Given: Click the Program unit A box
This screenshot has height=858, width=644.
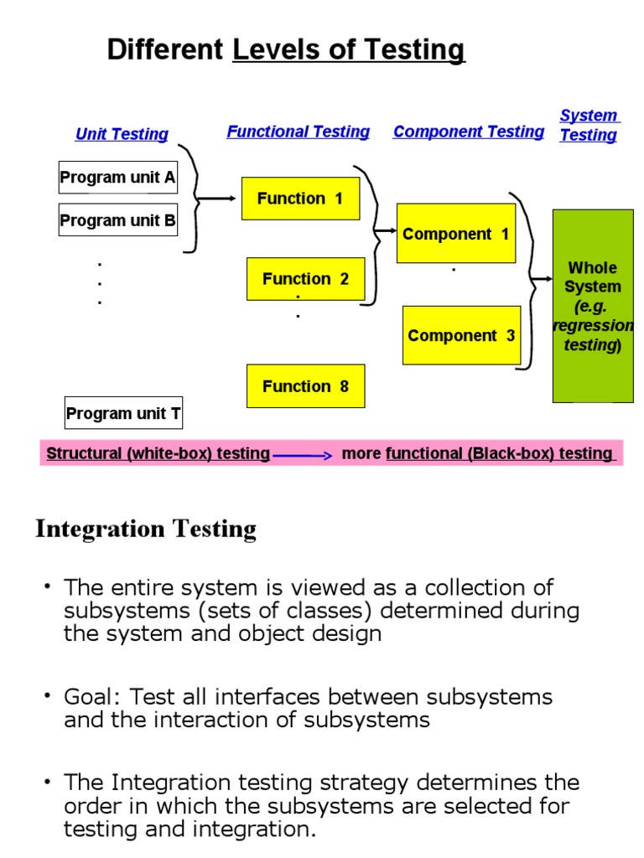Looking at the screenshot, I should (117, 177).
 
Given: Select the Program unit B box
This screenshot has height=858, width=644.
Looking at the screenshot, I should (117, 220).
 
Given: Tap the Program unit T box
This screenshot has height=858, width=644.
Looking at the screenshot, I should (123, 412).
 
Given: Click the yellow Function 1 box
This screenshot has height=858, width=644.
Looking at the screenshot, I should (300, 199).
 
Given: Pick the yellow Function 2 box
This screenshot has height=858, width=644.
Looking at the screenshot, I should (305, 278).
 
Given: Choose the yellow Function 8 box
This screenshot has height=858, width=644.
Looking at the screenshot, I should (305, 386).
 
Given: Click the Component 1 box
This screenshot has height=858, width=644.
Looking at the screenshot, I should (455, 234).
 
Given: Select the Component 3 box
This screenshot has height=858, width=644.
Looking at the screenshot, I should (461, 335).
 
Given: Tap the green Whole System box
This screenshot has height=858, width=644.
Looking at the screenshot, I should (593, 306).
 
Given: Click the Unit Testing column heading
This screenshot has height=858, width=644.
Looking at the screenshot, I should (122, 134).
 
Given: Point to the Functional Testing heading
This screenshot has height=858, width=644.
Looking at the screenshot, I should (298, 132).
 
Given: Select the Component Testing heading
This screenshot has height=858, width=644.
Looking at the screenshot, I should (468, 132).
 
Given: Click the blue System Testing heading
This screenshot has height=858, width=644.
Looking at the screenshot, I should (589, 125).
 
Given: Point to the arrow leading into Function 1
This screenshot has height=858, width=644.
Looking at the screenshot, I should (219, 199).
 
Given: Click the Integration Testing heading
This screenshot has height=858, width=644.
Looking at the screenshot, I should (146, 529).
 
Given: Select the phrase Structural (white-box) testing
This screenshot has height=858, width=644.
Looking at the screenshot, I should (158, 453).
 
